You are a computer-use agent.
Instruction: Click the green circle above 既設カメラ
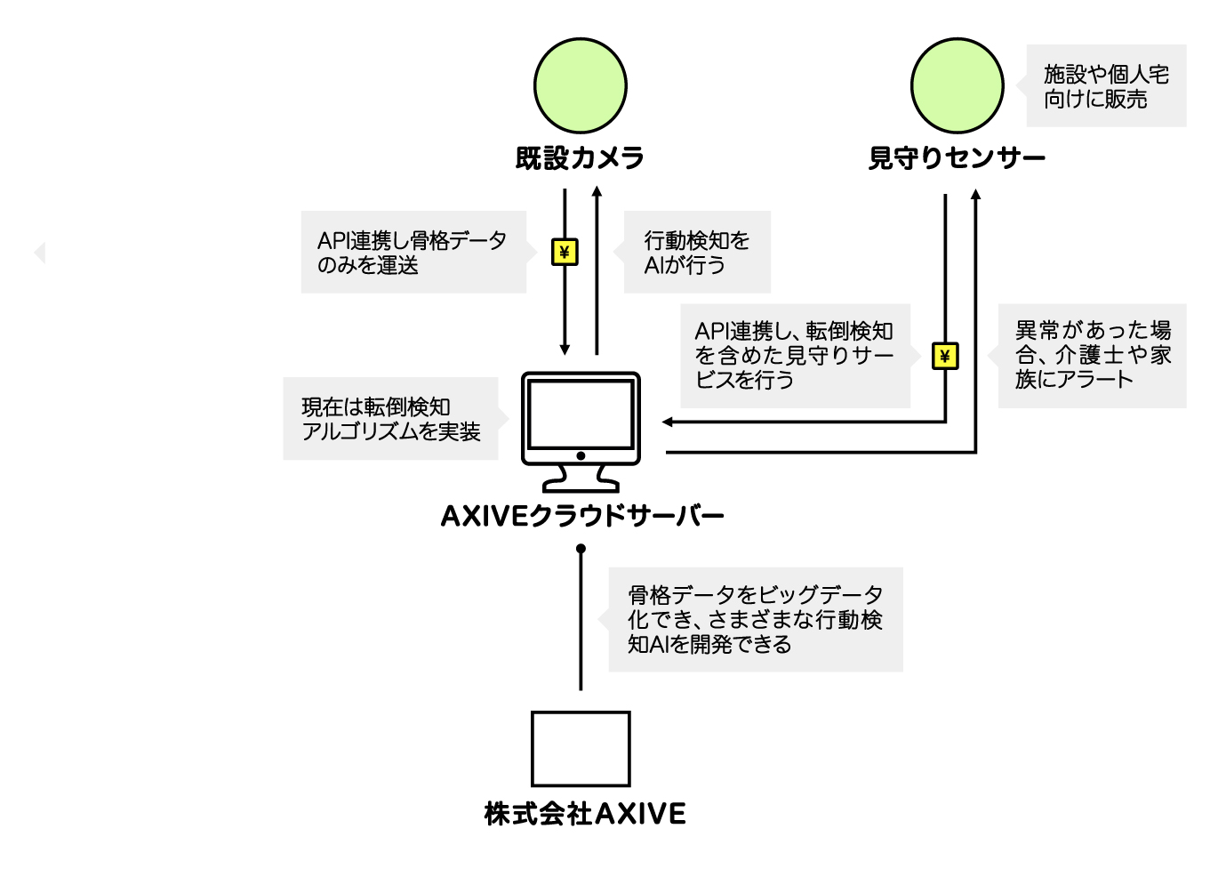tap(581, 85)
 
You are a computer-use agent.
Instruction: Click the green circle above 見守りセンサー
tap(958, 85)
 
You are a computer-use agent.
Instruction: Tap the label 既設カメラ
tap(581, 158)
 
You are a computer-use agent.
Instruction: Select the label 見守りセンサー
tap(957, 158)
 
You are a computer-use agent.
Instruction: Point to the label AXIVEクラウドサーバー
tap(582, 516)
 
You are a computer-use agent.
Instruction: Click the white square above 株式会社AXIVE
tap(581, 749)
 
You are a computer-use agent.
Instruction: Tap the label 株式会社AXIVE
tap(585, 813)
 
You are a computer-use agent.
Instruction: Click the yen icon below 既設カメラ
tap(565, 253)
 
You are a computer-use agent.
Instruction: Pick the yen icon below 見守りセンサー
tap(945, 357)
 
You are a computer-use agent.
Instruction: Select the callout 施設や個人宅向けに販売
tap(1106, 86)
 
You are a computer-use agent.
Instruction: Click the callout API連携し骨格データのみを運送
tap(413, 253)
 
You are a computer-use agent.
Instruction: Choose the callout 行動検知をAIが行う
tap(697, 253)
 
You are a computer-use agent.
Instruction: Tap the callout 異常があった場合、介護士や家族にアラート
tap(1092, 356)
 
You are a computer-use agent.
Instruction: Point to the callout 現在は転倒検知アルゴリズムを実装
tap(390, 419)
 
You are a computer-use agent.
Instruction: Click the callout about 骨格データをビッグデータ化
tap(755, 619)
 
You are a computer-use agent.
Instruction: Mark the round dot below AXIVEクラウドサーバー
tap(581, 549)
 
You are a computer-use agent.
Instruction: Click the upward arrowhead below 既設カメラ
tap(597, 191)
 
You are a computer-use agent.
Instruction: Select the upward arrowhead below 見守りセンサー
tap(975, 195)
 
